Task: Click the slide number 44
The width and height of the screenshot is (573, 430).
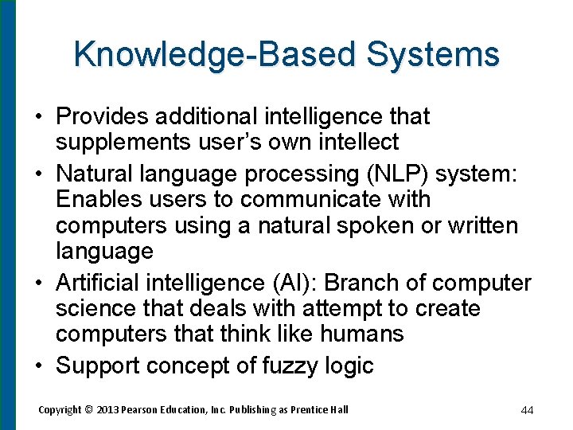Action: [527, 410]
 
